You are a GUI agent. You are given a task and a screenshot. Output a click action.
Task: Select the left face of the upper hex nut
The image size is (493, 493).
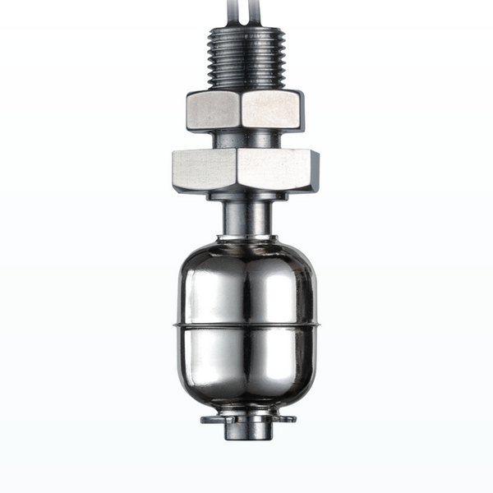tap(214, 111)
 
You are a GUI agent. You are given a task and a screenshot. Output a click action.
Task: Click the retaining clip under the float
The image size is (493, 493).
tap(246, 420)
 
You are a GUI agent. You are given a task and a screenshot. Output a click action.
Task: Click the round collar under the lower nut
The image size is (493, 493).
tap(246, 194)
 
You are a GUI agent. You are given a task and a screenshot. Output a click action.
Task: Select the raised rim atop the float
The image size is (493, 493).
tap(246, 240)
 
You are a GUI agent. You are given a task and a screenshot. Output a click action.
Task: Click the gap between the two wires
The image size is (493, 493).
tap(245, 10)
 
